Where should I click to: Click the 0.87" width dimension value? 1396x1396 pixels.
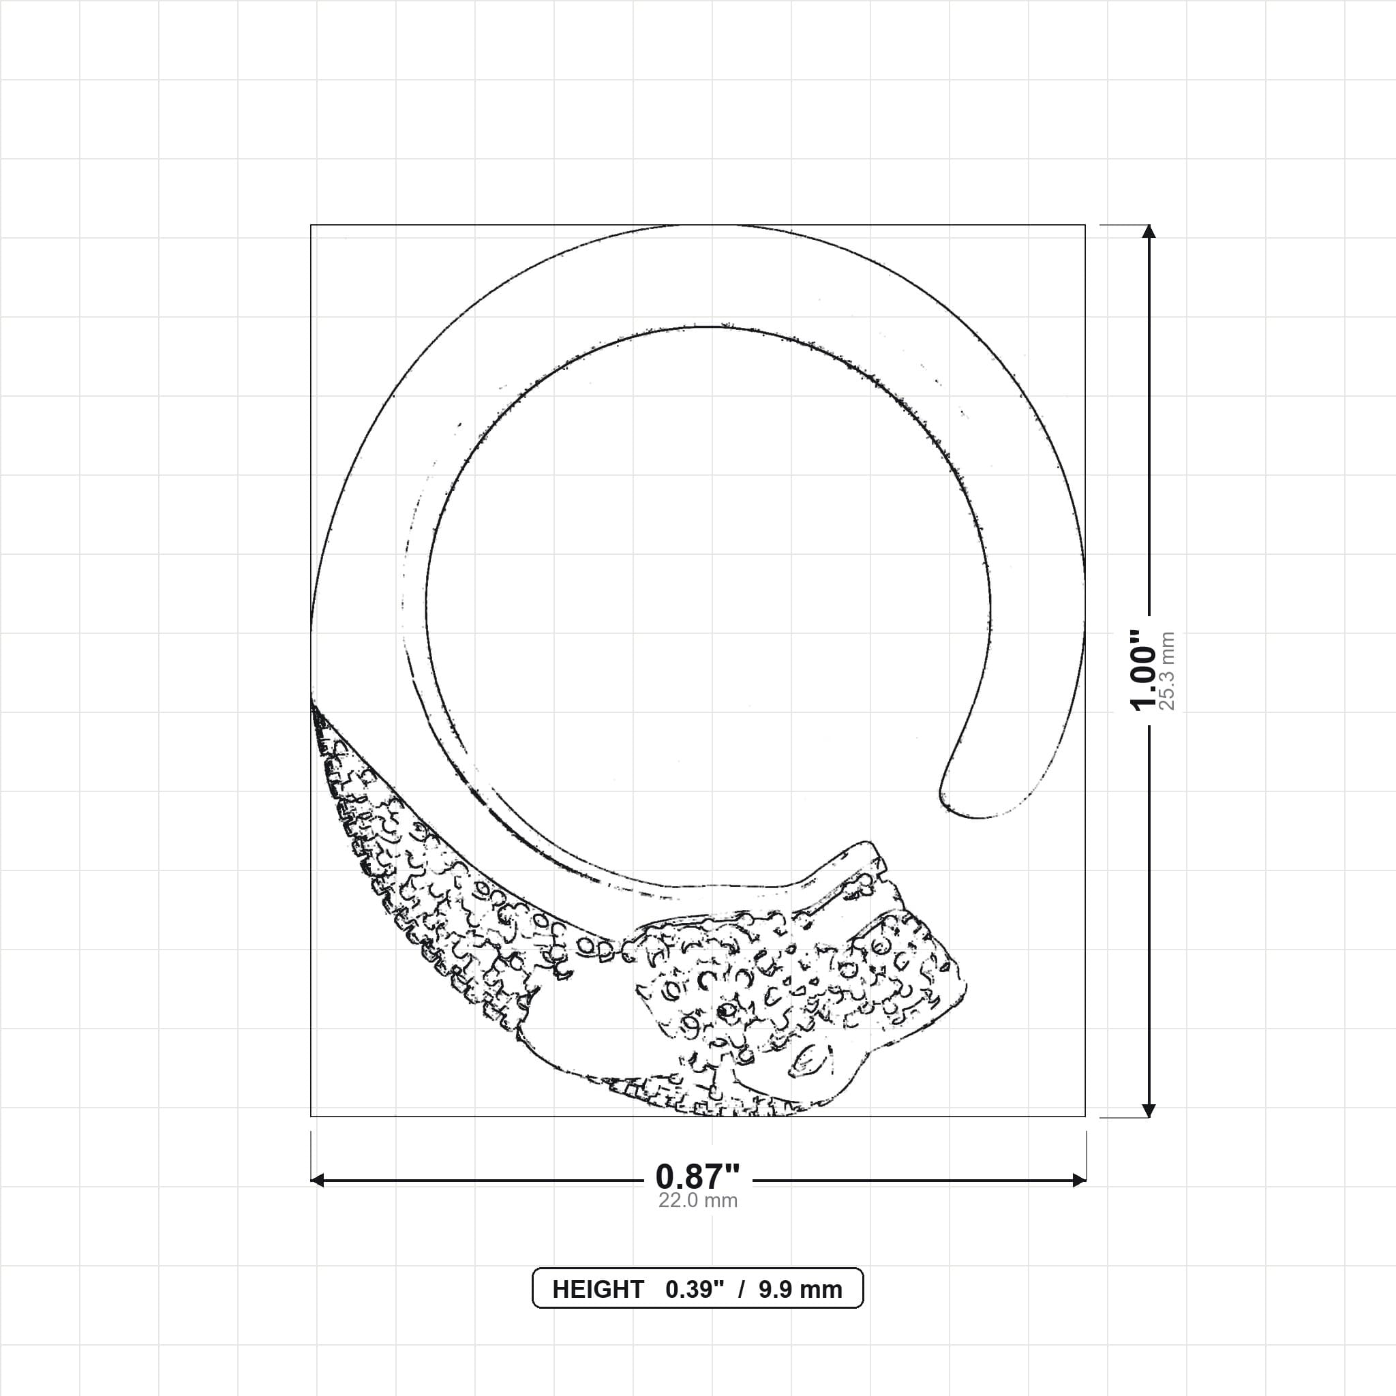point(697,1177)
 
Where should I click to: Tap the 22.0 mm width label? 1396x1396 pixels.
point(697,1200)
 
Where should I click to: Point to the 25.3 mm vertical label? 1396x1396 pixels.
point(1167,671)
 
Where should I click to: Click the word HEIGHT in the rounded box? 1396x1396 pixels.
point(598,1290)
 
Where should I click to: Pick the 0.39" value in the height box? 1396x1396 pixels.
point(695,1290)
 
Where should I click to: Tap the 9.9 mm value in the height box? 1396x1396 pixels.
point(800,1290)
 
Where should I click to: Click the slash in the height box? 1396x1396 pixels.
point(742,1290)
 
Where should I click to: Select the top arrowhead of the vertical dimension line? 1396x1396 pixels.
point(1149,231)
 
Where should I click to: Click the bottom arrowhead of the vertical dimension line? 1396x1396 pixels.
point(1149,1110)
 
